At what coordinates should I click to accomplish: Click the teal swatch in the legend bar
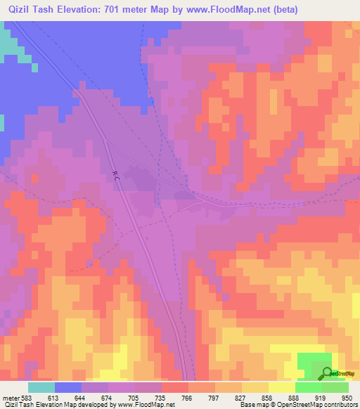click(41, 388)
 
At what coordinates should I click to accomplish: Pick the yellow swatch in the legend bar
click(281, 388)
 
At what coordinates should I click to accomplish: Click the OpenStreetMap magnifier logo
click(327, 374)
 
